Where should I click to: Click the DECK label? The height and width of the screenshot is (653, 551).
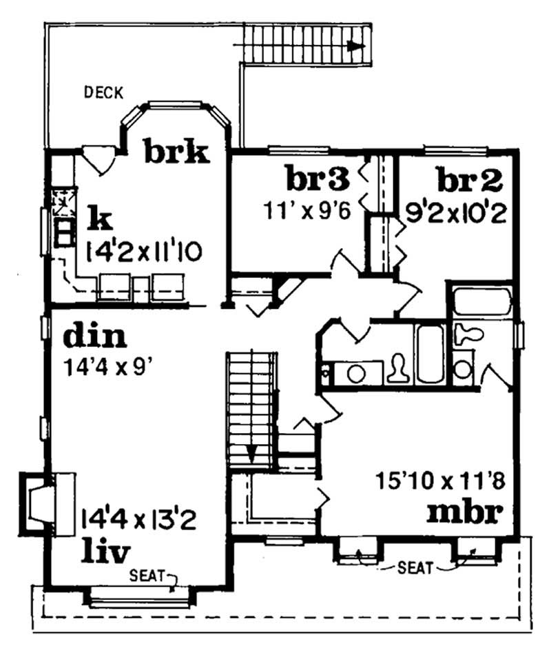pos(103,91)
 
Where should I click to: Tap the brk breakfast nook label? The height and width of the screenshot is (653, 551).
pos(176,152)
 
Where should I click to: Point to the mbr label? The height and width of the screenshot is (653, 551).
pos(463,512)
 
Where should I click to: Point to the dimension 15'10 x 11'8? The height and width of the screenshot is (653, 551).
pos(441,479)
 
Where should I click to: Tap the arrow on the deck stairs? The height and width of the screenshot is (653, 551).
pos(355,46)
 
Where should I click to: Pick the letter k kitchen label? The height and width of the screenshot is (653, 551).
pos(99,219)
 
